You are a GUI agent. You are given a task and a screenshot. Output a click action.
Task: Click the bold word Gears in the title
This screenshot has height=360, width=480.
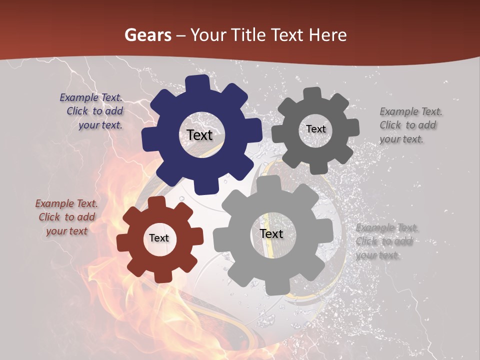coord(148,35)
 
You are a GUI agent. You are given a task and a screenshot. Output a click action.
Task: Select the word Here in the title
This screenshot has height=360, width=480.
coord(328,35)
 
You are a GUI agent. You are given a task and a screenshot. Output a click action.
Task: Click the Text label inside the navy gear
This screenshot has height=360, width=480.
coord(200,135)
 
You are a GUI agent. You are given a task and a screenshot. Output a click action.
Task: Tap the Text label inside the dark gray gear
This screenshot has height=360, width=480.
coord(315,129)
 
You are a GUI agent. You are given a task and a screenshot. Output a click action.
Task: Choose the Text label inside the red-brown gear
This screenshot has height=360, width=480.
coord(159,238)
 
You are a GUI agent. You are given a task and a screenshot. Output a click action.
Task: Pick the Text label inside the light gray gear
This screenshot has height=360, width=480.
coord(271,233)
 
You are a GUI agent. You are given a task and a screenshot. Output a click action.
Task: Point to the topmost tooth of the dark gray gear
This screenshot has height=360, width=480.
coord(312,93)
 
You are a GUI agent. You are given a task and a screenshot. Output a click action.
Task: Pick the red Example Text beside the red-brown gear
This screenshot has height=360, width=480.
coord(66,217)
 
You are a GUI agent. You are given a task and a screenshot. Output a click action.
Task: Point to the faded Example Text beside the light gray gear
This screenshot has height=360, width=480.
coord(386,241)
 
